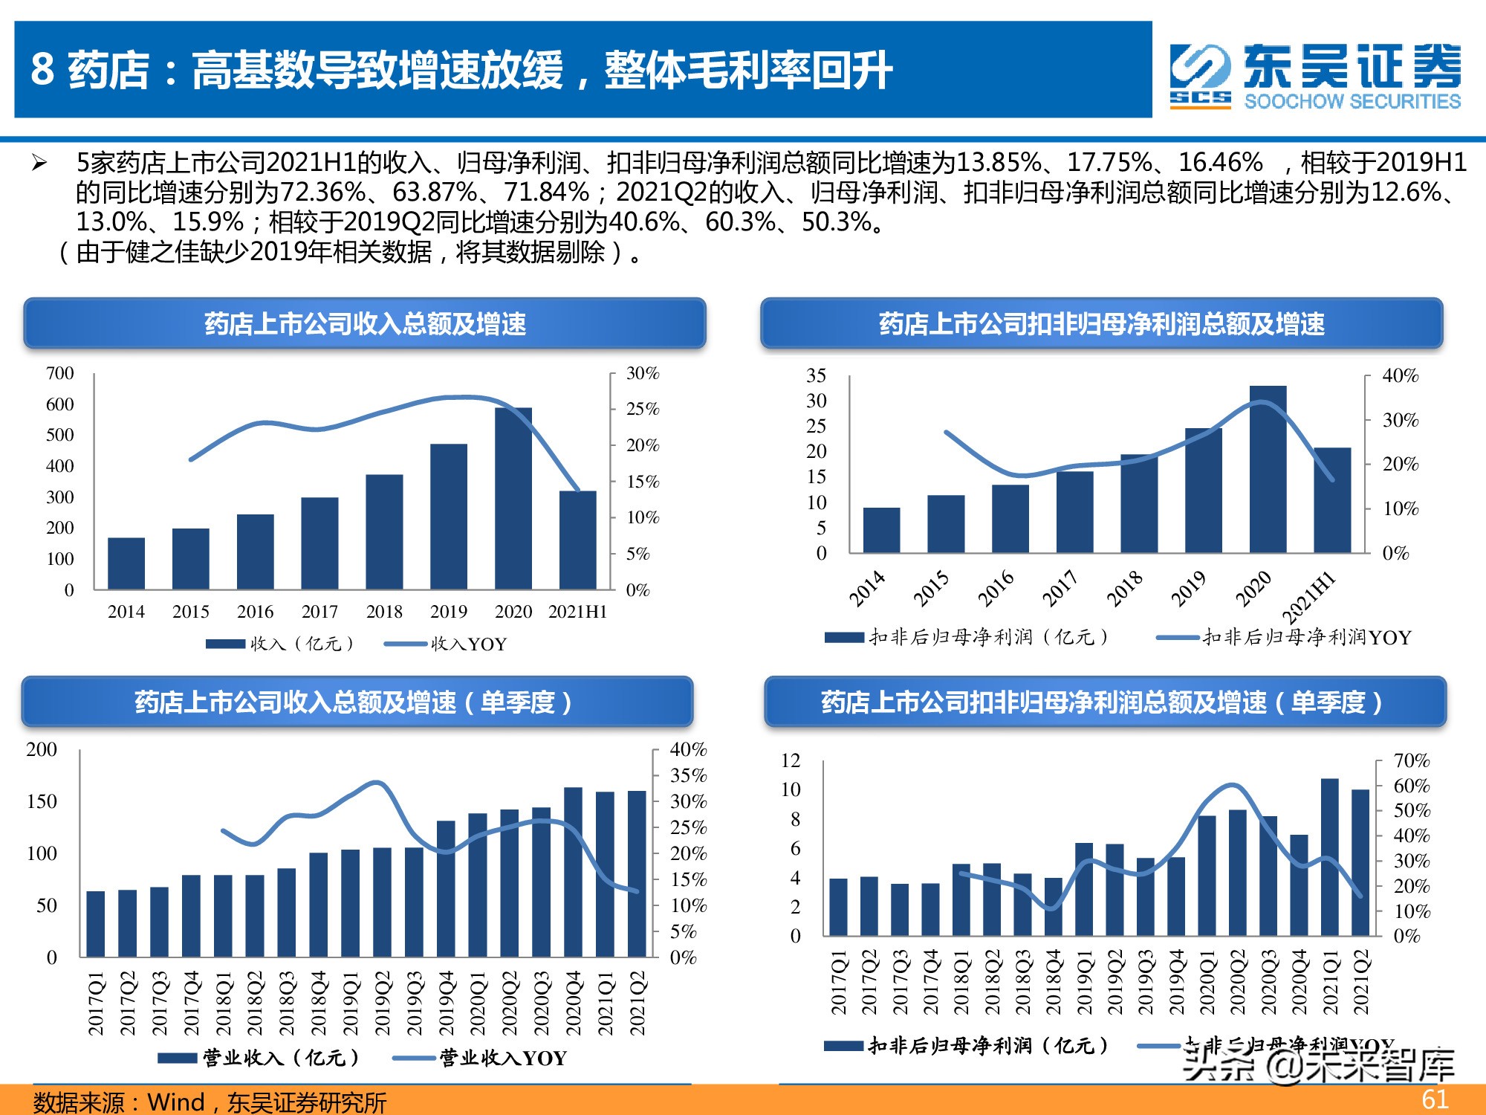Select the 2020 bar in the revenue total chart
(513, 498)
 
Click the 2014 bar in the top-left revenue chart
(126, 563)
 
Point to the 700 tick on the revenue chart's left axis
(60, 373)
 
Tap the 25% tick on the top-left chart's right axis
(642, 409)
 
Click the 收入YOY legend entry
(446, 644)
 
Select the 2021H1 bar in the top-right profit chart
(1332, 500)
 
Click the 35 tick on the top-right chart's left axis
(816, 375)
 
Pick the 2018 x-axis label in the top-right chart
(1124, 589)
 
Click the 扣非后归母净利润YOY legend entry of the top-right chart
(1285, 637)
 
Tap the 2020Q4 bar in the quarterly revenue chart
(573, 871)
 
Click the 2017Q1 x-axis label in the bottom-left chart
(96, 1003)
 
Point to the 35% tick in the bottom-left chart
(688, 775)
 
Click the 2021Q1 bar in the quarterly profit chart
(1329, 856)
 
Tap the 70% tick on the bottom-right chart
(1411, 760)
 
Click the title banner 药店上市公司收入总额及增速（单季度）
(357, 702)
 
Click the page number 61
(1434, 1099)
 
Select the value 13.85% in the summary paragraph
(999, 162)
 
